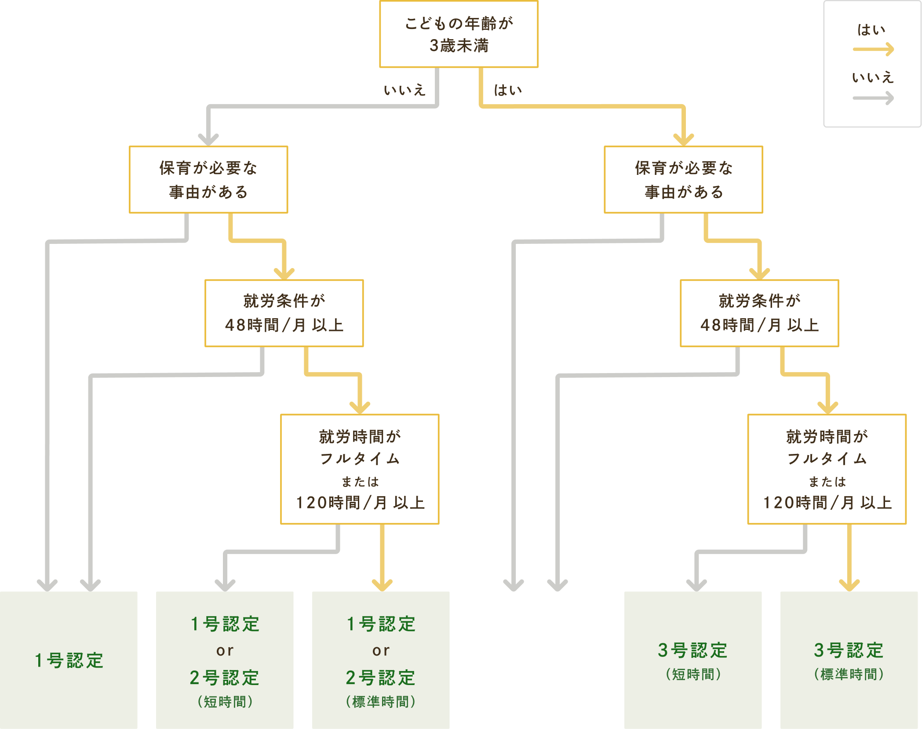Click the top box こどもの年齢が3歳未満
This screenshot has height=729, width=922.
click(x=459, y=34)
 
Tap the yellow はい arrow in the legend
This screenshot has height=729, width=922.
click(x=873, y=49)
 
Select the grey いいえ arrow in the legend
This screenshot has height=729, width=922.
click(x=873, y=98)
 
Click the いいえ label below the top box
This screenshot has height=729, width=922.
click(x=405, y=90)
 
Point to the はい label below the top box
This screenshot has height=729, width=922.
click(x=508, y=90)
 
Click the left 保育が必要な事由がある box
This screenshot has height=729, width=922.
click(x=208, y=179)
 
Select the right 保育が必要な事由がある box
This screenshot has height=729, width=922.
click(x=683, y=179)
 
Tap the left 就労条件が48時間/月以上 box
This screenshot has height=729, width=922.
click(x=284, y=313)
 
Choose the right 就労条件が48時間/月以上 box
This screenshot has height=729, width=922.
click(x=759, y=313)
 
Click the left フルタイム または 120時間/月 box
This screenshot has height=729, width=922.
click(x=360, y=469)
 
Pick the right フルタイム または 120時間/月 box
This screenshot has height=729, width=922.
click(x=827, y=469)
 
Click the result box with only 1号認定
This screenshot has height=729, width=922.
click(x=69, y=660)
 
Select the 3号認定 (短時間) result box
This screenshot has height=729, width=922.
click(x=693, y=660)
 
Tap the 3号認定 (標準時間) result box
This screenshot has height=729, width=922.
click(x=849, y=660)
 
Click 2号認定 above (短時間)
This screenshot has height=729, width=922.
click(x=225, y=678)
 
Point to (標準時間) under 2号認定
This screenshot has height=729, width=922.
click(x=381, y=702)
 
